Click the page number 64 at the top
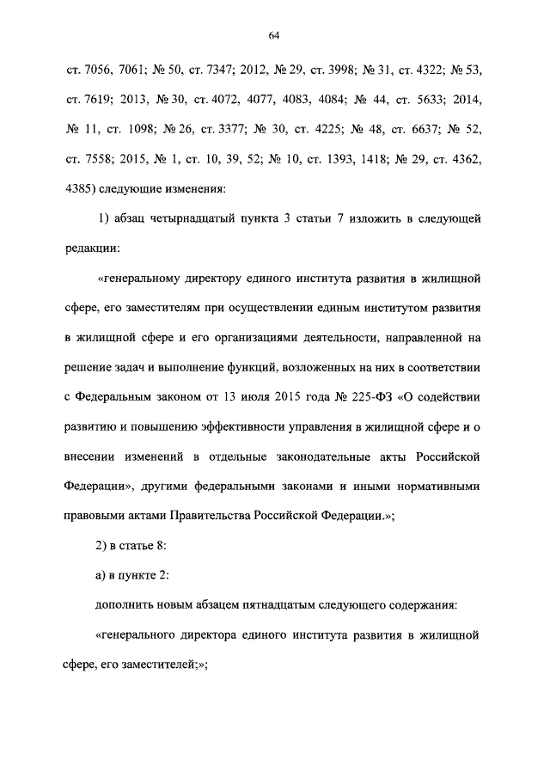point(274,35)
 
